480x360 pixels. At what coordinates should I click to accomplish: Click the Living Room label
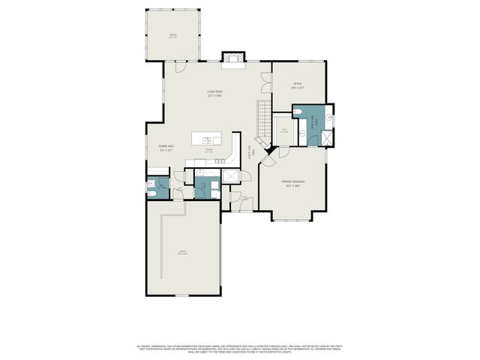click(x=215, y=93)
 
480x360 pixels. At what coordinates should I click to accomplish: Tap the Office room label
click(x=298, y=85)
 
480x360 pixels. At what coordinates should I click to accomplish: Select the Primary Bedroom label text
click(x=292, y=184)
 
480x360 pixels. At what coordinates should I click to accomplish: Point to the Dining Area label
click(x=166, y=148)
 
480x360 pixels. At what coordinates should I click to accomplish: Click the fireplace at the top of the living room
click(x=232, y=57)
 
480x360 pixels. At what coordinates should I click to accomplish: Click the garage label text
click(x=182, y=253)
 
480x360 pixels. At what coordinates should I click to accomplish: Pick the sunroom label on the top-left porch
click(x=173, y=35)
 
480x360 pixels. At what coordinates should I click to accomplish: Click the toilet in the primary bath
click(x=299, y=112)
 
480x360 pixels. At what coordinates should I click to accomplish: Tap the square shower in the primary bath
click(x=326, y=137)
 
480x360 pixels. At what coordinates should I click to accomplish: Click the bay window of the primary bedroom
click(x=292, y=219)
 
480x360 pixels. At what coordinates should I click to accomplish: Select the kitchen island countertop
click(x=208, y=139)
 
